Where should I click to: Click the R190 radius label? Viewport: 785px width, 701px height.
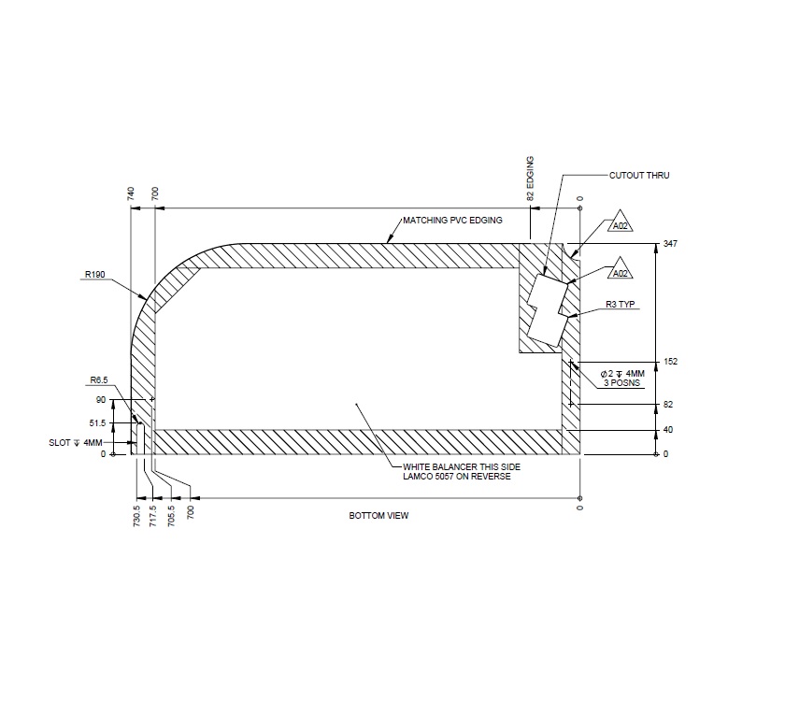tap(93, 275)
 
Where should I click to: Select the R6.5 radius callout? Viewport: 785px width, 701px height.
tap(100, 380)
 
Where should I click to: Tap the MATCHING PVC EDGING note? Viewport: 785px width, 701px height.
tap(452, 221)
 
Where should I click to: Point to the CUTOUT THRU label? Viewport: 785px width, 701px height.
tap(639, 175)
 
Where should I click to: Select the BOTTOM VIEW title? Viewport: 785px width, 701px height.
tap(378, 516)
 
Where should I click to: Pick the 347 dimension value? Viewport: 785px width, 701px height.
tap(668, 243)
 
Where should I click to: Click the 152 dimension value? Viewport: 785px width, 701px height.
tap(668, 362)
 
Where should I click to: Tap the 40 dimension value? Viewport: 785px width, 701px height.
tap(667, 430)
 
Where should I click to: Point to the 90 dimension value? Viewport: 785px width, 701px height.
tap(102, 400)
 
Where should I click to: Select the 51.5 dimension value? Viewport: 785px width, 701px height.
tap(98, 423)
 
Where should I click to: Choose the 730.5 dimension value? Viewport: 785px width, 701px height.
tap(136, 515)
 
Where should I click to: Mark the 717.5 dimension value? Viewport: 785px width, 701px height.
tap(153, 515)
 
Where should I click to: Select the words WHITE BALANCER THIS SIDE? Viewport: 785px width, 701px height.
tap(455, 466)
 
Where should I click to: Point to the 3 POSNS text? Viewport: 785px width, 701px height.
tap(621, 383)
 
